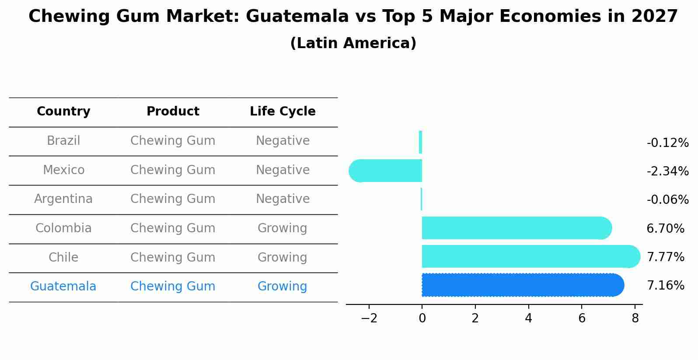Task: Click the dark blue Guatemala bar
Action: click(520, 285)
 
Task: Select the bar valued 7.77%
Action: click(529, 256)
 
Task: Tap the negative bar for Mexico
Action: click(387, 171)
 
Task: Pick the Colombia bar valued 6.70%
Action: click(514, 228)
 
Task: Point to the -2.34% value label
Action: click(667, 171)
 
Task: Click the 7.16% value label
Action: click(665, 285)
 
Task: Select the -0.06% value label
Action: click(667, 199)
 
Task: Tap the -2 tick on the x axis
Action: click(369, 318)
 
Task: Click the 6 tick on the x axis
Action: click(582, 318)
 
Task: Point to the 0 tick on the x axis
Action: click(422, 318)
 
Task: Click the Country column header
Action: click(63, 112)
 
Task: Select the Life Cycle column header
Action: click(283, 112)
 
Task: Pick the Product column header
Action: click(173, 112)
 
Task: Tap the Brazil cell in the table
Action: click(63, 141)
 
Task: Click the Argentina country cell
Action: click(63, 199)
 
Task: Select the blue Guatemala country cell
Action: click(63, 287)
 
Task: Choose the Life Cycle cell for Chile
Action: click(282, 257)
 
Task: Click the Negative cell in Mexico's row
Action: click(283, 170)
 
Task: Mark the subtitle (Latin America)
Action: click(353, 43)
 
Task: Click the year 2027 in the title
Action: click(654, 17)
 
